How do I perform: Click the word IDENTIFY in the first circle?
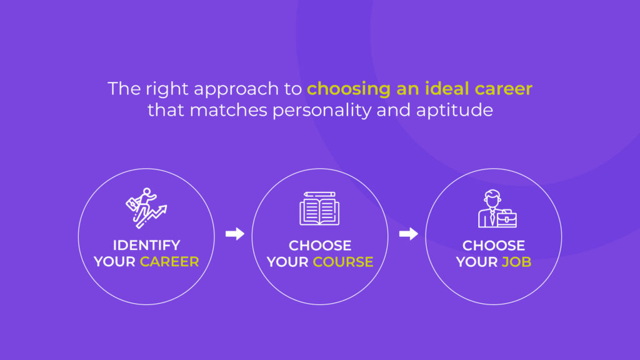[x=146, y=245]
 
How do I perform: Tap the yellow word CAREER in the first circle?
[x=169, y=262]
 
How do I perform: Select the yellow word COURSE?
[x=343, y=262]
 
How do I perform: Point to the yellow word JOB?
[x=516, y=262]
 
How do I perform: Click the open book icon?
[x=319, y=212]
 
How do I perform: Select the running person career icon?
[x=146, y=207]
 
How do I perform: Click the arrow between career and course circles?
[x=235, y=234]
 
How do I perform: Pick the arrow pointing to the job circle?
[x=409, y=234]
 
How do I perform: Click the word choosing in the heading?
[x=349, y=89]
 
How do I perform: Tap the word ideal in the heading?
[x=447, y=89]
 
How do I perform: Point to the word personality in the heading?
[x=321, y=111]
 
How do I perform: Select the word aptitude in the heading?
[x=455, y=111]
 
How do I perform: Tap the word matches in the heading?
[x=228, y=110]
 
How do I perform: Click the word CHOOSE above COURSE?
[x=320, y=246]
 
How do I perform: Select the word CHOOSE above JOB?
[x=494, y=246]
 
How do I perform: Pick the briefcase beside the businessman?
[x=507, y=219]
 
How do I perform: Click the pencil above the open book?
[x=319, y=194]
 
